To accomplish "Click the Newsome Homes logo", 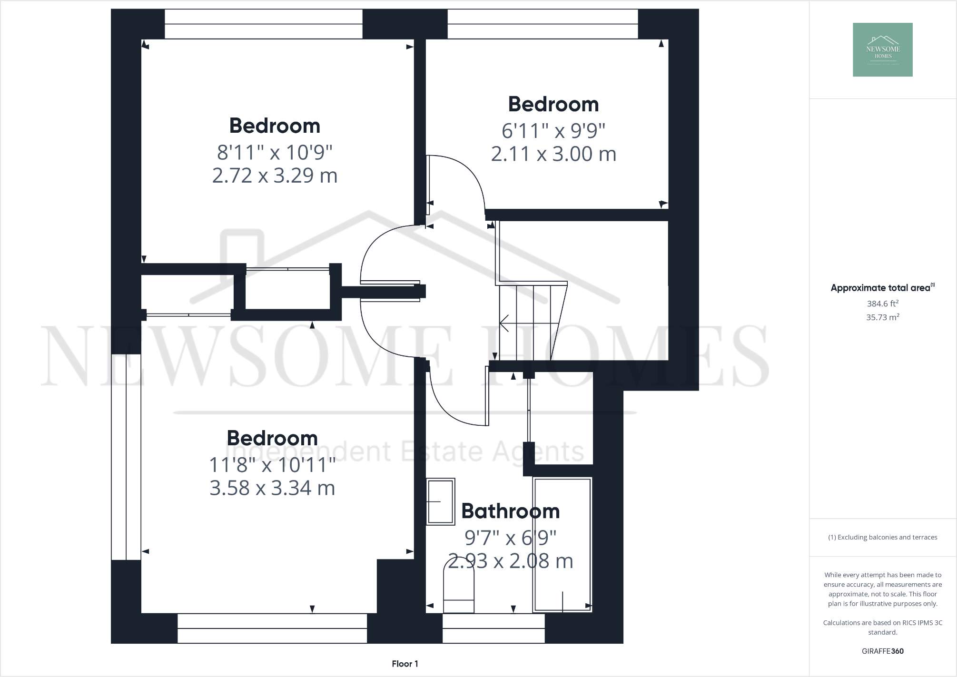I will click(882, 49).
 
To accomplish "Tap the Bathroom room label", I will click(510, 511).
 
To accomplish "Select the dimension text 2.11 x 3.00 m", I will click(553, 154).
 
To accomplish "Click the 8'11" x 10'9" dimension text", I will click(275, 153).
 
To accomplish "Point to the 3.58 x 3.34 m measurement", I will click(272, 488).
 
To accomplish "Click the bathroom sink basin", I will click(440, 501).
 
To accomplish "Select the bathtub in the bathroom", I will click(562, 544).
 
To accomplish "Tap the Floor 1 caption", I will click(405, 664).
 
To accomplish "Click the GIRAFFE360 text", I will click(882, 651).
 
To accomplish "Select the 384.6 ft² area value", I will click(882, 304).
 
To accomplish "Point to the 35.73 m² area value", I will click(882, 317).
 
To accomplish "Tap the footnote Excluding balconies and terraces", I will click(882, 537).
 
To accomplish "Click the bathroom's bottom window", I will click(493, 628).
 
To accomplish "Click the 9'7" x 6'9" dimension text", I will click(510, 538).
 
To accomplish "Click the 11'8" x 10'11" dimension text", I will click(272, 465).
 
